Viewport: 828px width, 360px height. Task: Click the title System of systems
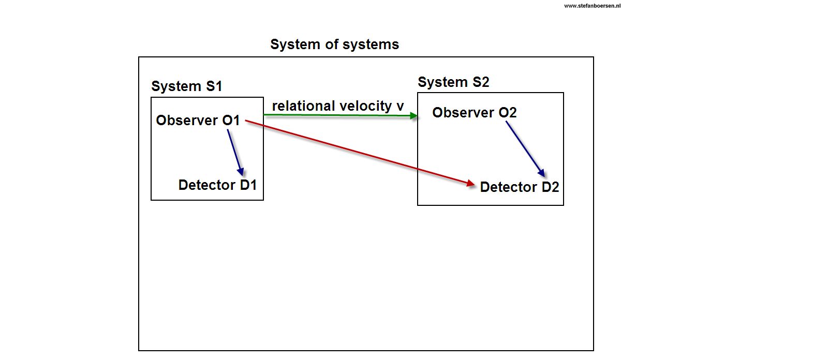coord(334,44)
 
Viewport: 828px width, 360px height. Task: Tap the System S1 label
coord(186,86)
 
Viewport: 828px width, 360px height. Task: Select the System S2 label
coord(453,82)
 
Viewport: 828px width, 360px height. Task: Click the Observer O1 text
coord(198,120)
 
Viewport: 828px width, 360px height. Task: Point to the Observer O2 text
coord(474,112)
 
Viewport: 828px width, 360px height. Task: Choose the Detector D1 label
coord(217,185)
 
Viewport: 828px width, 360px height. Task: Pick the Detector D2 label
coord(519,187)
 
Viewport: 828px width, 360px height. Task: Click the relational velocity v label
coord(337,106)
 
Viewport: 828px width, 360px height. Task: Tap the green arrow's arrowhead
coord(414,116)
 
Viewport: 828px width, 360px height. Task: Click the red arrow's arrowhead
coord(470,183)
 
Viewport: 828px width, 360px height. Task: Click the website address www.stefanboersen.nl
coord(592,6)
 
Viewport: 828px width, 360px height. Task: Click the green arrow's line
coord(336,115)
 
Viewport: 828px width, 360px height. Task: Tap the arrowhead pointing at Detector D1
coord(241,172)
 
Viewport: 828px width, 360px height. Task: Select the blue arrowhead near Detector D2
coord(541,173)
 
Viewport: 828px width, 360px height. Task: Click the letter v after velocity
coord(400,106)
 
